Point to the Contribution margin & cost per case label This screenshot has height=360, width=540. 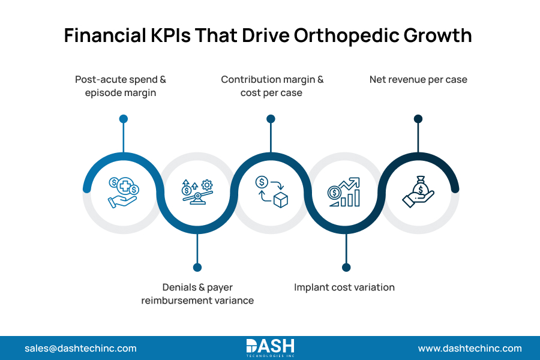[x=272, y=86]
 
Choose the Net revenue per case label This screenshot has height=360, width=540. [x=418, y=79]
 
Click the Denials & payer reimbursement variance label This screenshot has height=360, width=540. [x=197, y=293]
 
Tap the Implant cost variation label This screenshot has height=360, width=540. [x=344, y=287]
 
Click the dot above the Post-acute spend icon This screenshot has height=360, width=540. [x=124, y=119]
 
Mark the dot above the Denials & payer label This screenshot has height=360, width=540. [x=197, y=267]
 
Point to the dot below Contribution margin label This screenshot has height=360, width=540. [x=271, y=119]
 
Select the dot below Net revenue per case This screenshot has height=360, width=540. [x=418, y=119]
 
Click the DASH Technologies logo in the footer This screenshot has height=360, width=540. [x=270, y=348]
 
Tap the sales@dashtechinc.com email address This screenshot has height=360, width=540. [x=80, y=348]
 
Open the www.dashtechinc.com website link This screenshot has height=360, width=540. [x=470, y=348]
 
